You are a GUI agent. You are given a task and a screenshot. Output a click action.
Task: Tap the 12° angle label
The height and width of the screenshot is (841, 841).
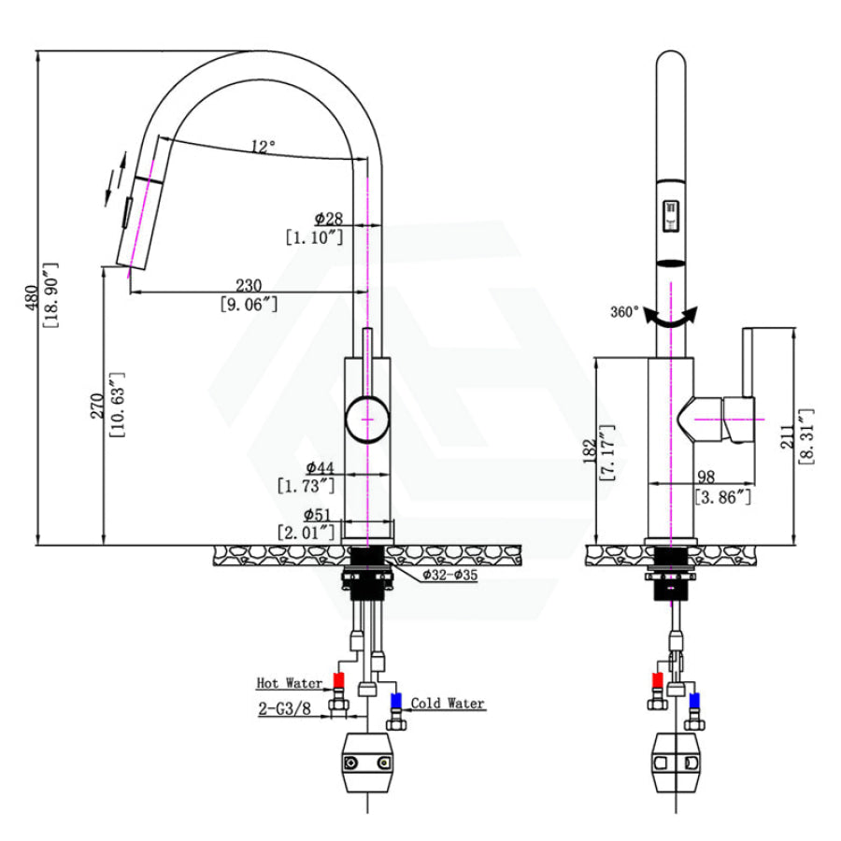tap(263, 146)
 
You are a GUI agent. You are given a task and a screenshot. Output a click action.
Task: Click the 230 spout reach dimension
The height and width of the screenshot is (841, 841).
tap(248, 284)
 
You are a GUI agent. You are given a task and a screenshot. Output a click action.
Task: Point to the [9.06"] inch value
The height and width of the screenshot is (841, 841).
tap(248, 303)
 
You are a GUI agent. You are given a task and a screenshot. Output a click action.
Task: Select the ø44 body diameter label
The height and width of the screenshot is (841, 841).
tap(320, 466)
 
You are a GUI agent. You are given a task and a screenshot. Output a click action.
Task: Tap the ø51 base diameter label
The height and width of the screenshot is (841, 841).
tap(319, 514)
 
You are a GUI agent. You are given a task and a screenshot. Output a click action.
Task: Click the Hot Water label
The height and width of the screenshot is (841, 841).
tap(290, 683)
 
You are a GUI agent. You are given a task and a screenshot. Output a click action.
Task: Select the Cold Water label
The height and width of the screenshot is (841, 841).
tap(448, 703)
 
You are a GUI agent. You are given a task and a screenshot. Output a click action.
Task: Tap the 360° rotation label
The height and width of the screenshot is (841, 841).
tap(624, 312)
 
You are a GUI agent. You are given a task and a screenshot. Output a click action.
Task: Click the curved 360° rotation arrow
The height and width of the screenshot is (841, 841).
tap(672, 318)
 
